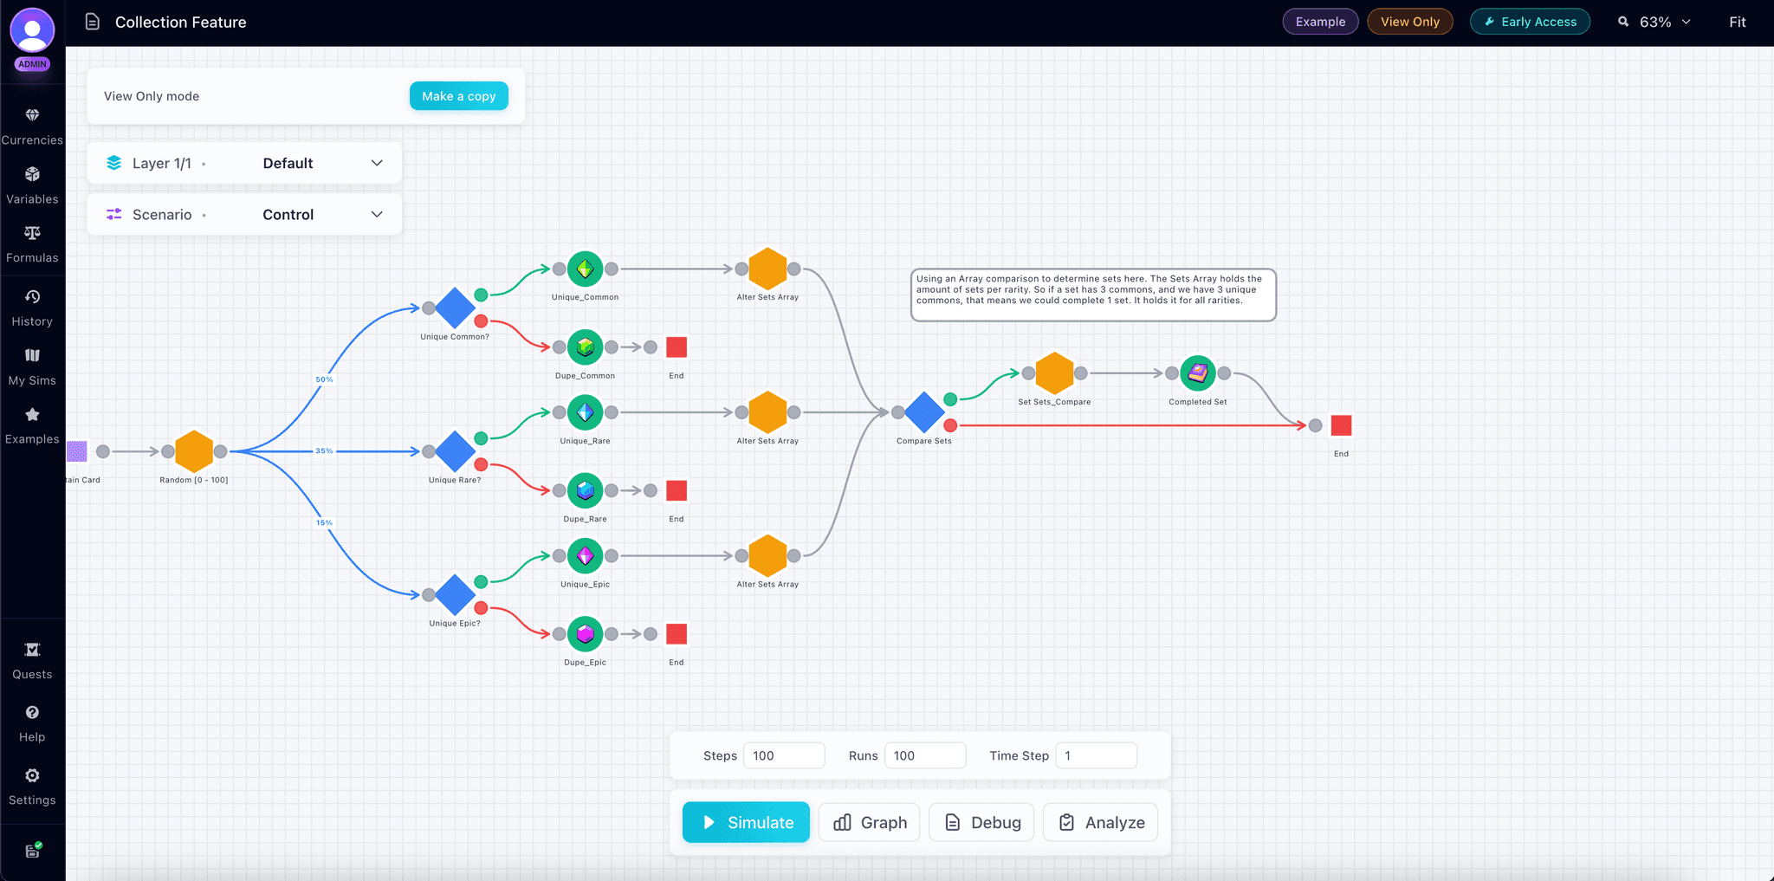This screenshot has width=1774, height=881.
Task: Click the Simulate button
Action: pyautogui.click(x=746, y=822)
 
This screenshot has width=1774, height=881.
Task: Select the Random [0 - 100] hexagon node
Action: pyautogui.click(x=194, y=451)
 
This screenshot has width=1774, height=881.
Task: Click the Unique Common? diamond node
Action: pyautogui.click(x=455, y=308)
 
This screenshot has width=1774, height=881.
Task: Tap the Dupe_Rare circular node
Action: pyautogui.click(x=586, y=491)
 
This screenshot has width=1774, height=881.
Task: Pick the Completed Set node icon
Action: pyautogui.click(x=1198, y=373)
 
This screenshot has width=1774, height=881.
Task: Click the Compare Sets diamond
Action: pyautogui.click(x=924, y=412)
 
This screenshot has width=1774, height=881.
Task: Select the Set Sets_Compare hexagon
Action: pyautogui.click(x=1054, y=373)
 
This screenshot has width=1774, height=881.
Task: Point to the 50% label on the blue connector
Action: pyautogui.click(x=324, y=379)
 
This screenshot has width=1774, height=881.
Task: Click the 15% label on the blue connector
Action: pyautogui.click(x=324, y=522)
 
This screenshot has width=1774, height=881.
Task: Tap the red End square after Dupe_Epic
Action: pyautogui.click(x=677, y=634)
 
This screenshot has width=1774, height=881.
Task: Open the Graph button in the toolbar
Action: pyautogui.click(x=870, y=822)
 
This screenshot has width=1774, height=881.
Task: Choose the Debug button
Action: pyautogui.click(x=981, y=822)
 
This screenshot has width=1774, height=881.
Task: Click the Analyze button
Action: pyautogui.click(x=1101, y=822)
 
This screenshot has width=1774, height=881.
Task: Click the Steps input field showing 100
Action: pyautogui.click(x=783, y=755)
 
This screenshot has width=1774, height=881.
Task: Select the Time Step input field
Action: pyautogui.click(x=1096, y=755)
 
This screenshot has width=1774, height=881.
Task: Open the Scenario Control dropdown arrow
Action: pyautogui.click(x=377, y=215)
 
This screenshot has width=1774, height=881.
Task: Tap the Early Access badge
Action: pyautogui.click(x=1530, y=22)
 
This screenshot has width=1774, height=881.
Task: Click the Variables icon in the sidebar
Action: pyautogui.click(x=32, y=175)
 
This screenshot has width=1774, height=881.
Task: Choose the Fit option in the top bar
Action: pyautogui.click(x=1737, y=22)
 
